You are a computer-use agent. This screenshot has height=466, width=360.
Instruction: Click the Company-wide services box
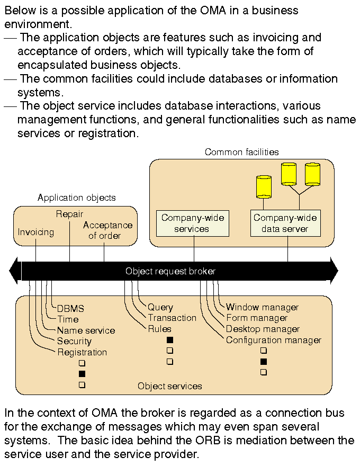coord(193,223)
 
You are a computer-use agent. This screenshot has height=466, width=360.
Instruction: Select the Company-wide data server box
coord(285,223)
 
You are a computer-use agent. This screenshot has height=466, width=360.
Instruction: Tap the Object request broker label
coord(170,271)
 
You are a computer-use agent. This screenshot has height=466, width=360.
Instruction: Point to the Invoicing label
coord(36,232)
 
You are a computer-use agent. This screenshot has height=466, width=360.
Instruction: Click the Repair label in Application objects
coord(69,214)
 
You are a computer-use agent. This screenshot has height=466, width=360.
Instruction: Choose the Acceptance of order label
coord(107,230)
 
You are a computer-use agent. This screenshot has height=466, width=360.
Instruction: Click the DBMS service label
coord(70,308)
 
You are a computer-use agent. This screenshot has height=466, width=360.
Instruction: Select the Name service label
coord(86,330)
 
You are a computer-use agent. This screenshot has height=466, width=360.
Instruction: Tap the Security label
coord(74,342)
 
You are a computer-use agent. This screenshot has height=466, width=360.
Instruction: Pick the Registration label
coord(82,353)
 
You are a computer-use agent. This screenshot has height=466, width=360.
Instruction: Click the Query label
coord(160,307)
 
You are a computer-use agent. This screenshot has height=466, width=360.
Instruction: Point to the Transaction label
coord(172,318)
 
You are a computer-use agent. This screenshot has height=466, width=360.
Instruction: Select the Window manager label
coord(262,307)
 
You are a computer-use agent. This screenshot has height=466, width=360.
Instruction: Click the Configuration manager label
coord(273,340)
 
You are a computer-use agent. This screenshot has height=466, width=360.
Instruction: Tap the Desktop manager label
coord(263,329)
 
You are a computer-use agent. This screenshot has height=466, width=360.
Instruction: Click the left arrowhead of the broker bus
coord(14,271)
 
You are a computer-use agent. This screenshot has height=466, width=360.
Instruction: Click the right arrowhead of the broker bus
coord(334,271)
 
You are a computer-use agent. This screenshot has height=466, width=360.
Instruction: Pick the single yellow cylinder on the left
coord(263,186)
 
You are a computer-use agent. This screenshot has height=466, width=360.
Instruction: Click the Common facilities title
coord(241,152)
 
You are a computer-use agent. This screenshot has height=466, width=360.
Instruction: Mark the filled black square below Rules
coord(170,339)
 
